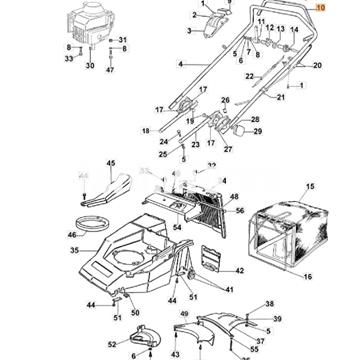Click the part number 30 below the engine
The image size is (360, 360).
89,67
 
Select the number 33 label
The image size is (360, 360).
67,59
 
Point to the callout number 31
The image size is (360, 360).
124,40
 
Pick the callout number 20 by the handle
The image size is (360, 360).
317,66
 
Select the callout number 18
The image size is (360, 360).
146,131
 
